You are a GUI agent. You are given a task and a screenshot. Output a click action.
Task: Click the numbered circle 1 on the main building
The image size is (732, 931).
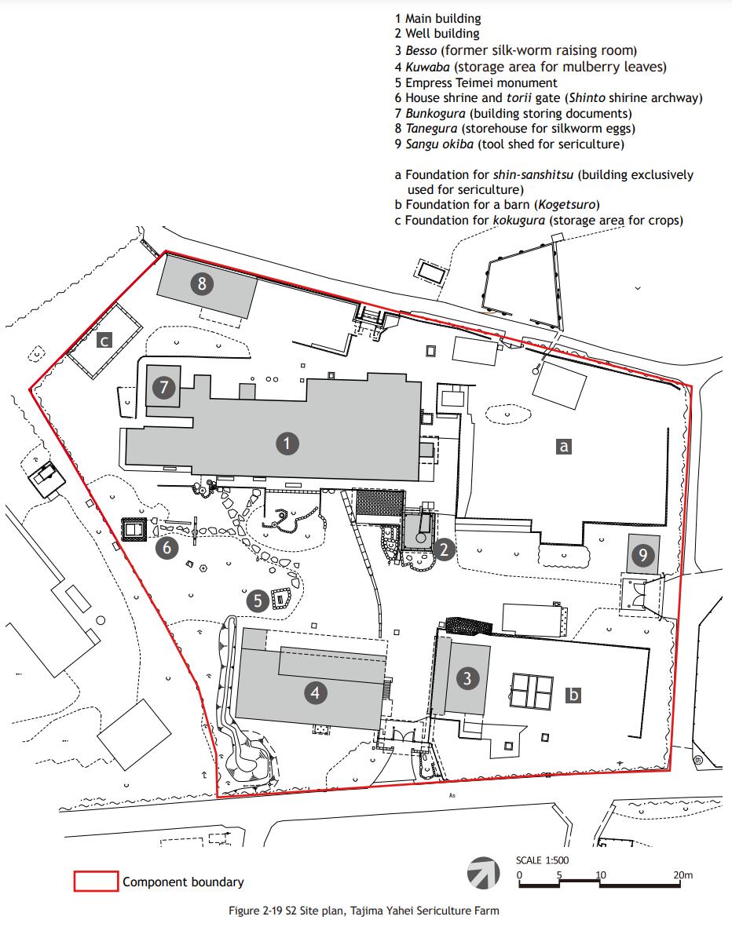[287, 444]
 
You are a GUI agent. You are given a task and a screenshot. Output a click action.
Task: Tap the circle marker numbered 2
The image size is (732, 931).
[444, 549]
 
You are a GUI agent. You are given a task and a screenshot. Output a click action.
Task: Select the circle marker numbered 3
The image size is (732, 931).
[467, 678]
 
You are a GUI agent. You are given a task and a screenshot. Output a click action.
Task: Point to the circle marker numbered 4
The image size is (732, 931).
[315, 692]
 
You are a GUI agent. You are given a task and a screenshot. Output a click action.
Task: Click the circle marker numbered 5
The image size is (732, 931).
[258, 601]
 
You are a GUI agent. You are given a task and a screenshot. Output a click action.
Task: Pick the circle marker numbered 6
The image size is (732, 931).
[166, 547]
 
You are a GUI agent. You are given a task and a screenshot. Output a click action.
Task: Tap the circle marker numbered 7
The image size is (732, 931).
[163, 387]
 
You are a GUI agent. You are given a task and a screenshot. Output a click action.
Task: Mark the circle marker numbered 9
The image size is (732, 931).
[642, 557]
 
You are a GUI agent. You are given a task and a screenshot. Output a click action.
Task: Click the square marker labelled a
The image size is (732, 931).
[563, 447]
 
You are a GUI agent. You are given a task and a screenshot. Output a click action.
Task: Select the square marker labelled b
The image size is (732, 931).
[573, 695]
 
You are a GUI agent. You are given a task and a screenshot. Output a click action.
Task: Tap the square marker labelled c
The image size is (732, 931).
[104, 341]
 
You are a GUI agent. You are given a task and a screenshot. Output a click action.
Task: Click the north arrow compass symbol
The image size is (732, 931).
[484, 872]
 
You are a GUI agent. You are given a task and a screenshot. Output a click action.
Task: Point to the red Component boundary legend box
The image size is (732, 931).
[96, 882]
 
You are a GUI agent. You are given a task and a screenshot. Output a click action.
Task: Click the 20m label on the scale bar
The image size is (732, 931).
[683, 874]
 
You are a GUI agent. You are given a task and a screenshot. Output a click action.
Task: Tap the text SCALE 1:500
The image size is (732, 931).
[542, 860]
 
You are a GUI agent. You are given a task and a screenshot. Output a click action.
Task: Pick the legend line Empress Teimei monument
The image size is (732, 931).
[476, 82]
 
